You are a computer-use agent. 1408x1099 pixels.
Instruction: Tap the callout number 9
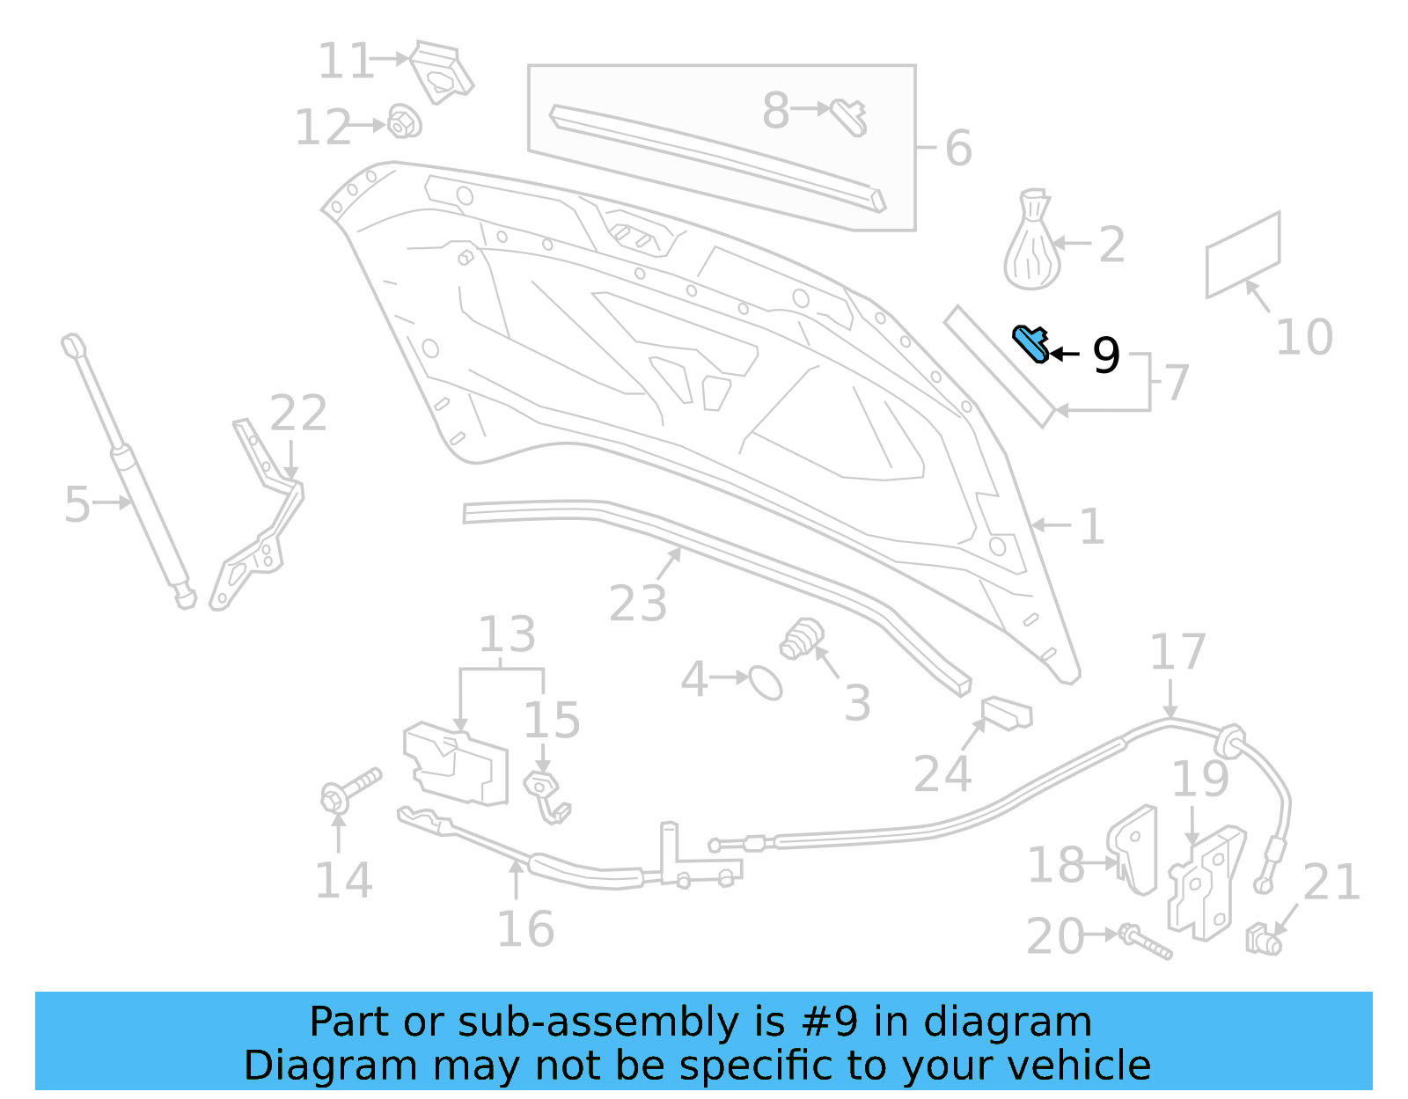tap(1105, 355)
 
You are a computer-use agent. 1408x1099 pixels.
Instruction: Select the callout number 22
tap(298, 413)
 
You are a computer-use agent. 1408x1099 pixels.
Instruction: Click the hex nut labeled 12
tap(404, 122)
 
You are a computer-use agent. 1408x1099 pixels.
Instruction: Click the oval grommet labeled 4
tap(765, 682)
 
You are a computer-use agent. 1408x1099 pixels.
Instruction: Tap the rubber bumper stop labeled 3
tap(802, 639)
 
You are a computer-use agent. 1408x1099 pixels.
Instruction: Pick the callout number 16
tap(525, 929)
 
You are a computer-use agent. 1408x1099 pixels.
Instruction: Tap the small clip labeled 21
tap(1264, 940)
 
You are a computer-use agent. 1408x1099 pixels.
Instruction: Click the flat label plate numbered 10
tap(1242, 255)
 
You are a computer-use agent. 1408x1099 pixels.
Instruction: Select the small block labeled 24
tap(1007, 712)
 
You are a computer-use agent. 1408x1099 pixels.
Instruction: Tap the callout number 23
tap(638, 604)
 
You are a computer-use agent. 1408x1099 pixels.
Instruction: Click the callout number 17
tap(1177, 652)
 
